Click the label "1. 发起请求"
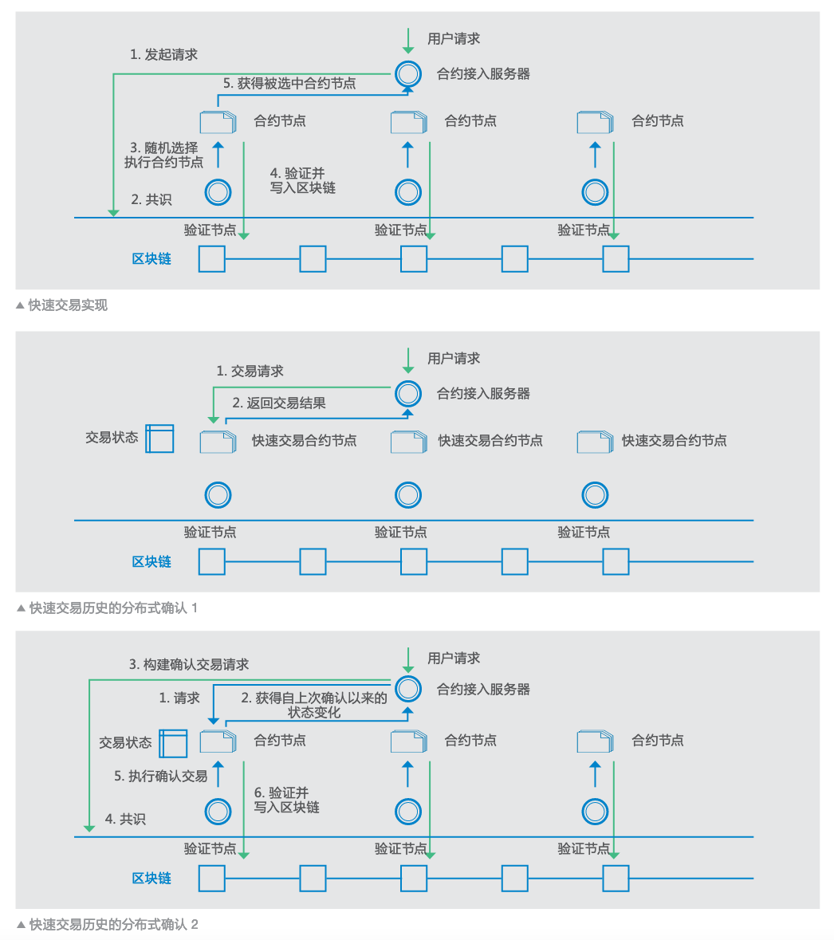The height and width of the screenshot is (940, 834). [163, 55]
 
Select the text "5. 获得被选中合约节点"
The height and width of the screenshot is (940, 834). [289, 83]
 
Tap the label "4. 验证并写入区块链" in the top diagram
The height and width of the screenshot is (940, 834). [302, 181]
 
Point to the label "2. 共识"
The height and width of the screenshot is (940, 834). [151, 199]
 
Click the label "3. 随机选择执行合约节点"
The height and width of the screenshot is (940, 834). [164, 155]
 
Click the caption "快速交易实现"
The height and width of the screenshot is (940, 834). [67, 305]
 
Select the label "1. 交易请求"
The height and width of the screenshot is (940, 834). [250, 372]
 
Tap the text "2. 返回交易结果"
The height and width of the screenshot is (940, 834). [279, 403]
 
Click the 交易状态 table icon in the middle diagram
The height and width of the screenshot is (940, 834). [159, 439]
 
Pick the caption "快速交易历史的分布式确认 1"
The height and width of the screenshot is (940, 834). [112, 608]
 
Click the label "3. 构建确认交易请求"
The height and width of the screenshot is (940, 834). [189, 664]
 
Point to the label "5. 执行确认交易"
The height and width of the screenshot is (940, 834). [160, 776]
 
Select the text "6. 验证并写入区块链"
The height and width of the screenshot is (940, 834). [286, 800]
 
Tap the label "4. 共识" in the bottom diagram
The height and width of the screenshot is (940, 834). [125, 819]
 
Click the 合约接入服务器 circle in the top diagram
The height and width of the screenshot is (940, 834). [408, 74]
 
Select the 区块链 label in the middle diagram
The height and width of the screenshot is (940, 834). [151, 562]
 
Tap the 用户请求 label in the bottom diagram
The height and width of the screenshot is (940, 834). [454, 659]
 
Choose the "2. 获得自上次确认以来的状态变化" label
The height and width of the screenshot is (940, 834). [314, 705]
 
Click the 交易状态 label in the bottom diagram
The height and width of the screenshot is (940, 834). [125, 743]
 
